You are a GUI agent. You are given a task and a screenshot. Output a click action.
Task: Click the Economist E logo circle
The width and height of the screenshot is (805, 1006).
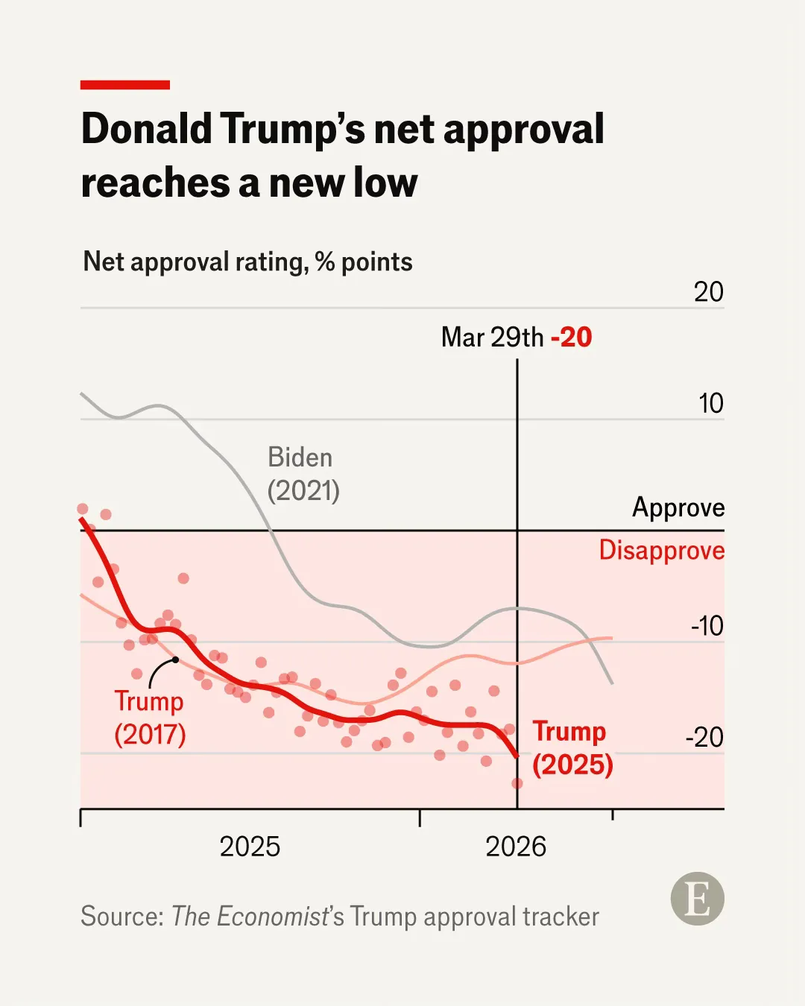pyautogui.click(x=697, y=899)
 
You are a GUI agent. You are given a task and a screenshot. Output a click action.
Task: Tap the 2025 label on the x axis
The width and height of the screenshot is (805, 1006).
pyautogui.click(x=250, y=847)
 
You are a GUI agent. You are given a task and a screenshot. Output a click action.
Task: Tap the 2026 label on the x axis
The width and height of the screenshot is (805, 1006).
pyautogui.click(x=516, y=847)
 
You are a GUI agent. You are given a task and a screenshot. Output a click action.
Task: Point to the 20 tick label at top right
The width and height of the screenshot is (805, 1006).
pyautogui.click(x=708, y=292)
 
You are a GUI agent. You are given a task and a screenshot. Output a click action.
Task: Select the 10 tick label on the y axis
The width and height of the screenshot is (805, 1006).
pyautogui.click(x=711, y=404)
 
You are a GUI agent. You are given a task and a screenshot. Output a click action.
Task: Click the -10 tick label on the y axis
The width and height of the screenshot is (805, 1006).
pyautogui.click(x=707, y=626)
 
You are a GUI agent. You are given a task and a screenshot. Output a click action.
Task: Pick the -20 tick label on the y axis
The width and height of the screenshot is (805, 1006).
pyautogui.click(x=704, y=738)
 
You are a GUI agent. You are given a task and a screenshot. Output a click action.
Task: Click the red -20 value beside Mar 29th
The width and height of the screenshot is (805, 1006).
pyautogui.click(x=571, y=338)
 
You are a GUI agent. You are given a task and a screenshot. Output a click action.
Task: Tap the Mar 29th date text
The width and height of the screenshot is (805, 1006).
pyautogui.click(x=492, y=338)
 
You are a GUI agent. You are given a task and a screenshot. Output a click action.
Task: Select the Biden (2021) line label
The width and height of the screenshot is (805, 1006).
pyautogui.click(x=303, y=474)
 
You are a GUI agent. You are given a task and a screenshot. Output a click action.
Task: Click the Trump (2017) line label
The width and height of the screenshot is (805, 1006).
pyautogui.click(x=149, y=718)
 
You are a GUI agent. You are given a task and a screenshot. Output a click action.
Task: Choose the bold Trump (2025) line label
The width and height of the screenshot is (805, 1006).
pyautogui.click(x=572, y=747)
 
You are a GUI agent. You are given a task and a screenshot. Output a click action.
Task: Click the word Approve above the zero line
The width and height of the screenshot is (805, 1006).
pyautogui.click(x=678, y=507)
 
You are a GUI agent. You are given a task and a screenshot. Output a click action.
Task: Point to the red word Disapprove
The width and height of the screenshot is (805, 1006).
pyautogui.click(x=661, y=551)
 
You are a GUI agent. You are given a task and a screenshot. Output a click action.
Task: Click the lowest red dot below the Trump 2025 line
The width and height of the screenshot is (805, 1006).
pyautogui.click(x=517, y=783)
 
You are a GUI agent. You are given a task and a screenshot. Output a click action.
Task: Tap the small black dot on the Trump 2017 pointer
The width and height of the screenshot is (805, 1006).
pyautogui.click(x=176, y=659)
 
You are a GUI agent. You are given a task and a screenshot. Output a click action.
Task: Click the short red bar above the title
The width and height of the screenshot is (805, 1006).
pyautogui.click(x=125, y=85)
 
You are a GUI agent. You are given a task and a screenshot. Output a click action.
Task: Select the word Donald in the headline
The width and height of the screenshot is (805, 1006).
pyautogui.click(x=147, y=129)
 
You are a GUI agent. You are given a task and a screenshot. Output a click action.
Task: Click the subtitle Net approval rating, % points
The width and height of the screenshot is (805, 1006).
pyautogui.click(x=247, y=262)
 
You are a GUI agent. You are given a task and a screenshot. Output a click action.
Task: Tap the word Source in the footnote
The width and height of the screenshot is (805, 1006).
pyautogui.click(x=121, y=917)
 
